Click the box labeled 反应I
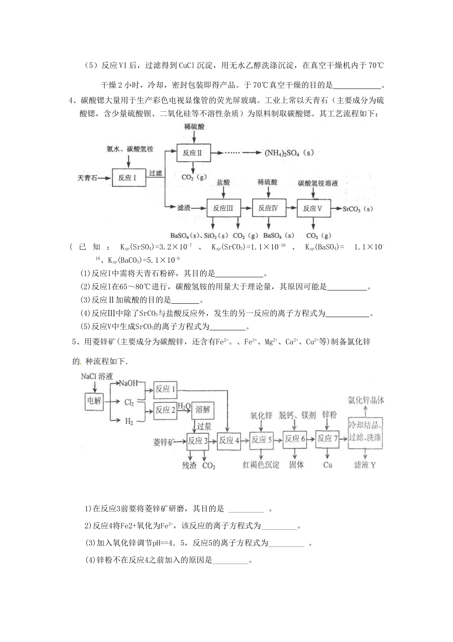(x=127, y=178)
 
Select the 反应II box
(x=193, y=153)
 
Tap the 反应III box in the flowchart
(x=223, y=208)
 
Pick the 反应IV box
(x=268, y=208)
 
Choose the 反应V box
(x=313, y=208)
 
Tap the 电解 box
(x=94, y=401)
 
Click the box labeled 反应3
(x=198, y=440)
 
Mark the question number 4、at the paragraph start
(x=73, y=100)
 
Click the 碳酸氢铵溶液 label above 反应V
(x=318, y=183)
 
